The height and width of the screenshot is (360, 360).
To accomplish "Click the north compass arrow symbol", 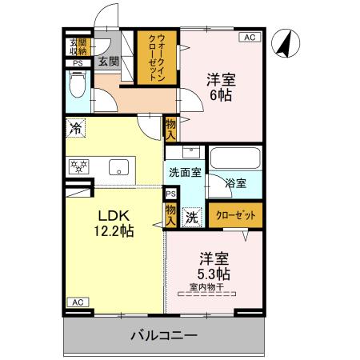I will [283, 43].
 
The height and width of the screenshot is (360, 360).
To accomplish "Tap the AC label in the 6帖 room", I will [250, 37].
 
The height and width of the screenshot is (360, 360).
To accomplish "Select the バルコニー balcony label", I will [163, 334].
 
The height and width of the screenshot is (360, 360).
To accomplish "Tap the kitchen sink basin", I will [118, 167].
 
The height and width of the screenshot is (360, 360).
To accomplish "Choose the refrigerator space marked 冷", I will [76, 127].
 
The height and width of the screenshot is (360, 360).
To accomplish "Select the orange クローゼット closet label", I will [236, 214].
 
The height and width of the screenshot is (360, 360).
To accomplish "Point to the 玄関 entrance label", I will [107, 61].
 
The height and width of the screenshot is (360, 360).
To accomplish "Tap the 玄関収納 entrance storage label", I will [78, 46].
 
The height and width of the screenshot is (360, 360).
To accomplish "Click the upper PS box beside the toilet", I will [78, 63].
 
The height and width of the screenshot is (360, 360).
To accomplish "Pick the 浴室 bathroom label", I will [235, 182].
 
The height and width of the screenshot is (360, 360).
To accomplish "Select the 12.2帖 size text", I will [116, 230].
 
